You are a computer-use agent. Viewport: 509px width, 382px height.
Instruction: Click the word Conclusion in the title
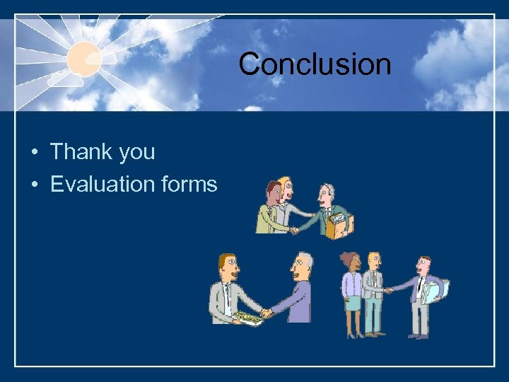coord(315,64)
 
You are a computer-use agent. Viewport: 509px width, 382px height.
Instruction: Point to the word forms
coord(189,185)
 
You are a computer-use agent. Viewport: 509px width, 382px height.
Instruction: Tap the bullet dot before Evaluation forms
coord(34,185)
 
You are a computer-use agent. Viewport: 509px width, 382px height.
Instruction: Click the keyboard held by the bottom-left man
coord(247,317)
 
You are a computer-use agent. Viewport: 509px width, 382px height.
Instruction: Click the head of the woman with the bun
coord(351,264)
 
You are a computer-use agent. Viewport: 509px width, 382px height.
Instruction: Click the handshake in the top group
coord(295,229)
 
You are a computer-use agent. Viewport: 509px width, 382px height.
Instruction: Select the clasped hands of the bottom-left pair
coord(266,313)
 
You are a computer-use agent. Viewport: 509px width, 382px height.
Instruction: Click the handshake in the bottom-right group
coord(388,290)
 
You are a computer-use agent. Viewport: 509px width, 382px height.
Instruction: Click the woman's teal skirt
coord(352,303)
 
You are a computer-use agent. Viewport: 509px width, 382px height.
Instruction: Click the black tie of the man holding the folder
coord(421,286)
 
